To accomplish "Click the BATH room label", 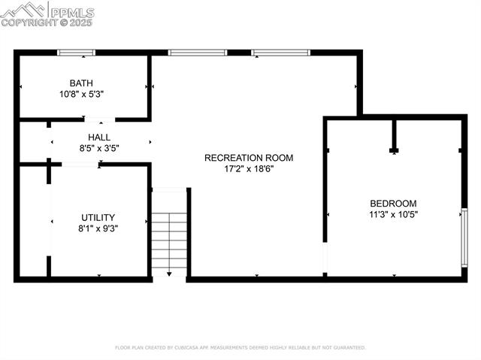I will pyautogui.click(x=81, y=83).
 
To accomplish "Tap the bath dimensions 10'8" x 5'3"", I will pyautogui.click(x=81, y=95).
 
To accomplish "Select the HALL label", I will pyautogui.click(x=99, y=138).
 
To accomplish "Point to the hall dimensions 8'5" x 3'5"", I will pyautogui.click(x=99, y=148).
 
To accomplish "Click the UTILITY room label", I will pyautogui.click(x=98, y=217).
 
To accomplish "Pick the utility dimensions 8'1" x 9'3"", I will pyautogui.click(x=98, y=228).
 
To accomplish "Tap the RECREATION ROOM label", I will pyautogui.click(x=249, y=158).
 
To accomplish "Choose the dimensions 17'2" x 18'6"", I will pyautogui.click(x=249, y=169).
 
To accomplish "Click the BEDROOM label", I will pyautogui.click(x=392, y=203).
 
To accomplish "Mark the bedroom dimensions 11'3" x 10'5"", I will pyautogui.click(x=392, y=214).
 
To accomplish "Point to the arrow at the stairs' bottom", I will pyautogui.click(x=169, y=274).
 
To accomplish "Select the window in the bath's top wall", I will pyautogui.click(x=77, y=53).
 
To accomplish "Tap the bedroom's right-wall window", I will pyautogui.click(x=464, y=237).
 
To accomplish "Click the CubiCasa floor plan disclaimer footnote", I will pyautogui.click(x=240, y=348).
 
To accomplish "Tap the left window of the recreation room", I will pyautogui.click(x=198, y=53).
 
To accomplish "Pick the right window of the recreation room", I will pyautogui.click(x=280, y=53).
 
